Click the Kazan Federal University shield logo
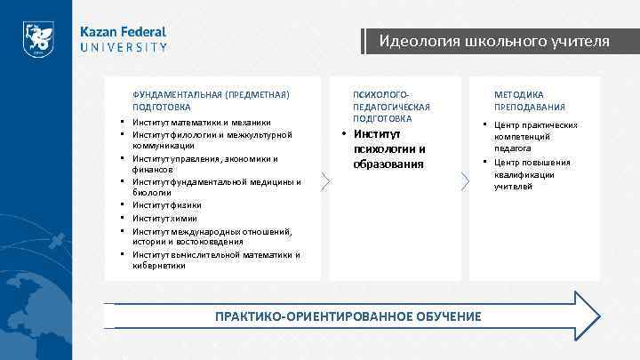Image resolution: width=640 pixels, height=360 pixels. [38, 39]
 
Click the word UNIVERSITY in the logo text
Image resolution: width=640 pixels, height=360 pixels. [124, 47]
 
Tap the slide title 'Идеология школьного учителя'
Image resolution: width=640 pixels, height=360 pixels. [494, 41]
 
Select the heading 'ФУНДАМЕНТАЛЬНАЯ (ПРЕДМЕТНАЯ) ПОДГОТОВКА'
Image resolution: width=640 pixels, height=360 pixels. [211, 100]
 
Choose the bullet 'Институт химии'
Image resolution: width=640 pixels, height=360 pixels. [164, 218]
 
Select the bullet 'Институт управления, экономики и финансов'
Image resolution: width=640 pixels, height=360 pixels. [205, 164]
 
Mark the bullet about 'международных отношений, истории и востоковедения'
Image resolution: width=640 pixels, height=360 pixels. [212, 236]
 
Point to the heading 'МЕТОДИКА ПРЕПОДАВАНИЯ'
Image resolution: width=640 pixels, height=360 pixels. [530, 100]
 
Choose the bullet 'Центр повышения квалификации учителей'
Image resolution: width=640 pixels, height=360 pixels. [532, 174]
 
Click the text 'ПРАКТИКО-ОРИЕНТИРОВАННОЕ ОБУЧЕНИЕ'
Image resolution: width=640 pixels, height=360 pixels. [348, 316]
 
